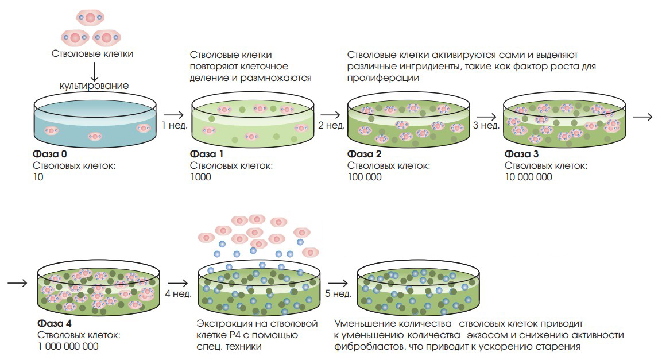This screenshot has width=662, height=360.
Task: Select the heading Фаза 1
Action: (x=207, y=154)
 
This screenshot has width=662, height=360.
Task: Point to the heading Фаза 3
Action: (x=521, y=154)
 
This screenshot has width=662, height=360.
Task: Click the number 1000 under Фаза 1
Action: (x=201, y=177)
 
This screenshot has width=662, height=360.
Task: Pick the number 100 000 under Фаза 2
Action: (x=364, y=177)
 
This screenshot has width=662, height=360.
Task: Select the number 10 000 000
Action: (x=528, y=177)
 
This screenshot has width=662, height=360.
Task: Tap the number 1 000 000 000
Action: (x=68, y=346)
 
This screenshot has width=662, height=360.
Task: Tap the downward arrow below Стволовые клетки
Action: (x=94, y=69)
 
